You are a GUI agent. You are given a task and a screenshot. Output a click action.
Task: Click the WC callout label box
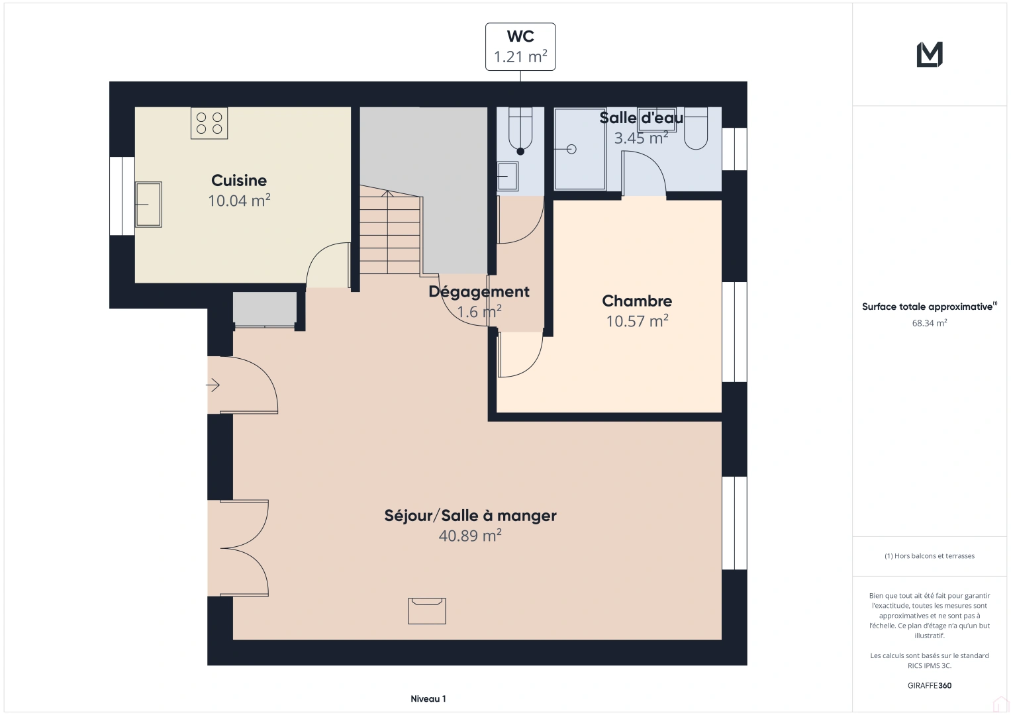point(520,47)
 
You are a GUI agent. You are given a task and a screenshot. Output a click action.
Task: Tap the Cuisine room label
point(239,180)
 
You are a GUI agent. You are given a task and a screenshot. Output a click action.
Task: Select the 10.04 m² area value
point(239,201)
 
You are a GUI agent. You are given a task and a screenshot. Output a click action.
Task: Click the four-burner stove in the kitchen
point(209,123)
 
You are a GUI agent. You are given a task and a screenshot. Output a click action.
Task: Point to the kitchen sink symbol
point(148,205)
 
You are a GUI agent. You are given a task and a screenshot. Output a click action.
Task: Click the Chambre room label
point(637,301)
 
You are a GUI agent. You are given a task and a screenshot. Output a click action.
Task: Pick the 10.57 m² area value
point(637,321)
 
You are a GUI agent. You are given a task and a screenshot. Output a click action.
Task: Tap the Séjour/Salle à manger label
point(470,516)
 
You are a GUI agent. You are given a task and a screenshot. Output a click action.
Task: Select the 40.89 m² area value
point(470,536)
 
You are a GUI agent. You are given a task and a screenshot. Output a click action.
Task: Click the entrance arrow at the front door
point(213,385)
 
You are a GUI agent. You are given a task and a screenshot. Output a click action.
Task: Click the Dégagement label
point(479,291)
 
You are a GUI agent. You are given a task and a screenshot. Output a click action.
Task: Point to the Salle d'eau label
point(641,118)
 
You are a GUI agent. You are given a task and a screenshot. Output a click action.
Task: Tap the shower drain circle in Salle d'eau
point(571,149)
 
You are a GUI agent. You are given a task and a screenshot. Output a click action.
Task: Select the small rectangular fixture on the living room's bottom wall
point(427,610)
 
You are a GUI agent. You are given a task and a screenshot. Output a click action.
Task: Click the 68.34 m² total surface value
point(929,323)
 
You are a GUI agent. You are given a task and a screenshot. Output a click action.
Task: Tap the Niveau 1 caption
point(428,698)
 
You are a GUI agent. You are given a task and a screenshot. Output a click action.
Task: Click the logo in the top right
point(930,54)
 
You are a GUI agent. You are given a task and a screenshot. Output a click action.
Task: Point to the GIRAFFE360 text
point(929,685)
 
